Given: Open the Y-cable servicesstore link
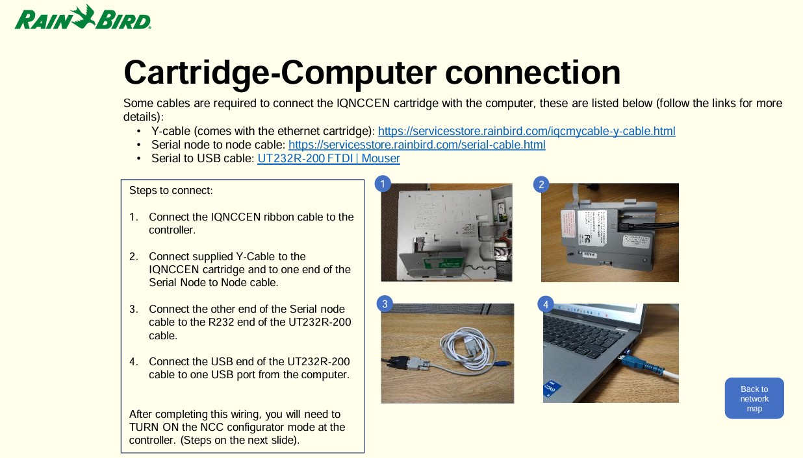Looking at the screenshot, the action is [527, 131].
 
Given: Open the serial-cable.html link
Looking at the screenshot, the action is [417, 145].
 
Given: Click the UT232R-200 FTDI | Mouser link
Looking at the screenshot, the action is [329, 158].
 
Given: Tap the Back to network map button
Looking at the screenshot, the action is [754, 398].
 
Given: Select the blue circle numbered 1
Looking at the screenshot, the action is [383, 184].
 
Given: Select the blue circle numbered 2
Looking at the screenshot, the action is [541, 184].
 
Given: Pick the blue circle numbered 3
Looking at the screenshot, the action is [385, 304].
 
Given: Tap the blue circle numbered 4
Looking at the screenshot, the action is [546, 304].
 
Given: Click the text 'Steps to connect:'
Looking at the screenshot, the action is [171, 191].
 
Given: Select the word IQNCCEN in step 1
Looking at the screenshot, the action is [236, 217].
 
